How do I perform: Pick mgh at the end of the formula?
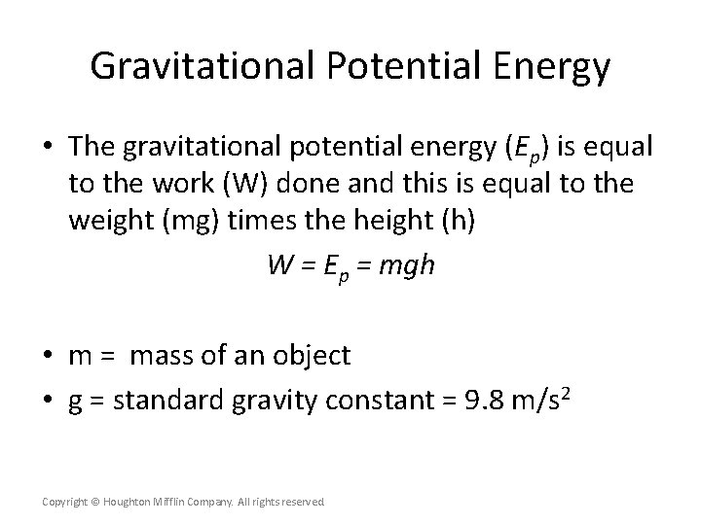[x=407, y=265]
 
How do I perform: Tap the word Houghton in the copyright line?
[x=128, y=502]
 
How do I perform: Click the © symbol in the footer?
[x=94, y=502]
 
